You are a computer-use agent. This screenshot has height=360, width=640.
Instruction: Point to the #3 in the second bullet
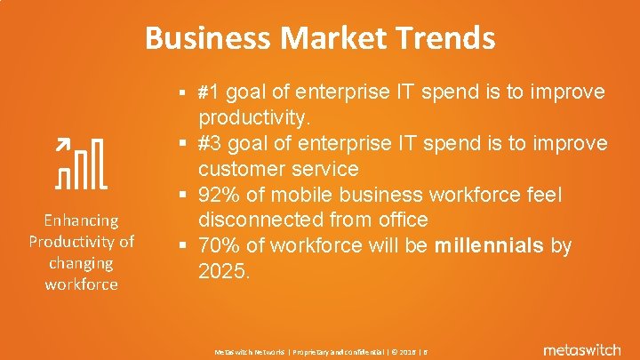(214, 143)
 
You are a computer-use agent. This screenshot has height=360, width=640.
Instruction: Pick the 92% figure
(220, 194)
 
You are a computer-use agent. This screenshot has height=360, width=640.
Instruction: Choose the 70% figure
(220, 245)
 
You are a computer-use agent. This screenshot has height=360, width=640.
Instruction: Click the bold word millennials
(491, 245)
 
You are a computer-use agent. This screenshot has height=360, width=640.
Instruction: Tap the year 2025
(223, 270)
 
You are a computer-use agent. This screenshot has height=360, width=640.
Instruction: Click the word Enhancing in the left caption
(81, 220)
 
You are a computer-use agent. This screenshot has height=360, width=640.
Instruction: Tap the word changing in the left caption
(81, 263)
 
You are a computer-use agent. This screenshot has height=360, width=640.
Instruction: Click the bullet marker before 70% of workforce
(180, 246)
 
